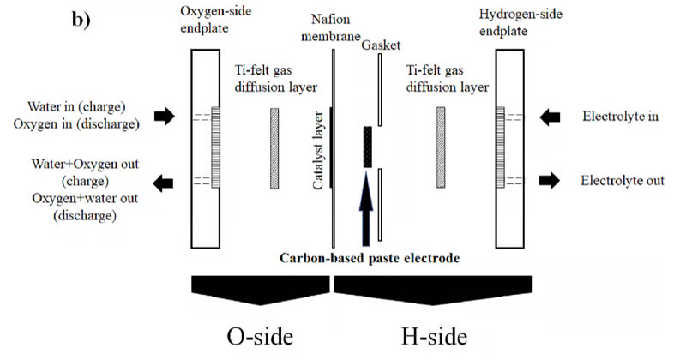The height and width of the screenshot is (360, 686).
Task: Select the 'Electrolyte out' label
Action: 623,180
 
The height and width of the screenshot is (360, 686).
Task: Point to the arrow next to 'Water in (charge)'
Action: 162,117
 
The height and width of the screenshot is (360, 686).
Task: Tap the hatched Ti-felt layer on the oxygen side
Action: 274,147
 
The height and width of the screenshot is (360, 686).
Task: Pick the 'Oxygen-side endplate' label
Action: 210,21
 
